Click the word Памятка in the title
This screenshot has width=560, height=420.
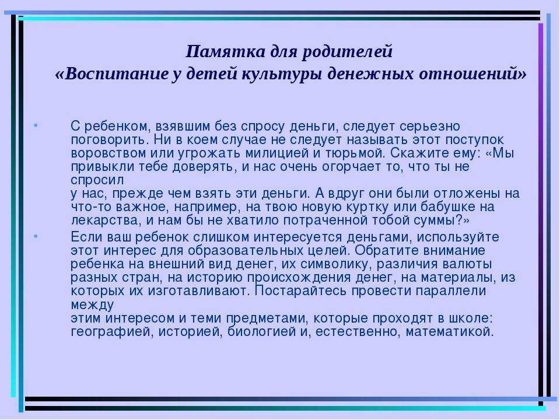tap(226, 51)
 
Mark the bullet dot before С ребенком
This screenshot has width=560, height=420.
tap(36, 125)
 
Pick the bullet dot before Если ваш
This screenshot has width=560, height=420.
tap(36, 236)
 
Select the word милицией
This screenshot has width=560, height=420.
tap(276, 153)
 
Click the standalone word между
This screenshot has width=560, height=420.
tap(93, 305)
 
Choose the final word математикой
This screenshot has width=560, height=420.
tap(450, 331)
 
